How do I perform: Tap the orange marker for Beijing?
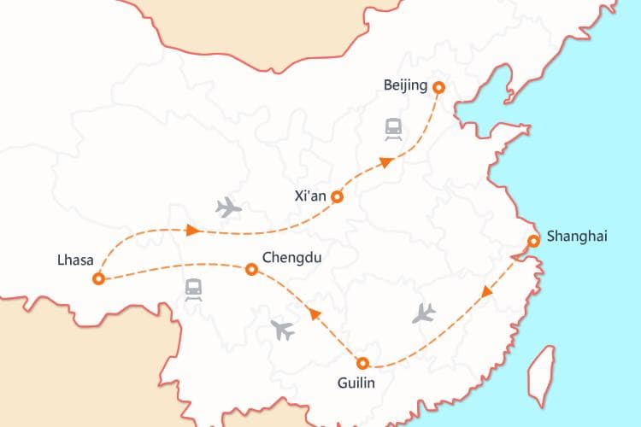[x=438, y=87]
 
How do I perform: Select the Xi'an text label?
[x=309, y=196]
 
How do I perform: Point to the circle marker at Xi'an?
[x=337, y=196]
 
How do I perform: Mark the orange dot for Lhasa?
[x=99, y=278]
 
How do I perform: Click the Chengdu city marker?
[x=251, y=269]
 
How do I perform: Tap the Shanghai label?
[x=576, y=237]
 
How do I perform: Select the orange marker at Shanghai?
[x=533, y=241]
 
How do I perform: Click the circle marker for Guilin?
[x=362, y=362]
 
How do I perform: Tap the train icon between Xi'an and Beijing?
[x=394, y=129]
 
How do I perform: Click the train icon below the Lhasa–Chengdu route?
[x=194, y=290]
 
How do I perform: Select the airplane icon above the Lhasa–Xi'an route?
[x=228, y=207]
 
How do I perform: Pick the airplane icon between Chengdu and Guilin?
[x=281, y=329]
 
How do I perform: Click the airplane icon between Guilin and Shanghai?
[x=423, y=313]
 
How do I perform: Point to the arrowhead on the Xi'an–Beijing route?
[x=386, y=161]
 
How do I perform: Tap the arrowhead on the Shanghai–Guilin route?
[x=487, y=292]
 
